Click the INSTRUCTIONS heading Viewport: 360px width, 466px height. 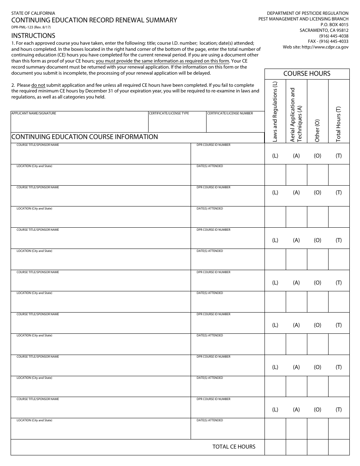33,36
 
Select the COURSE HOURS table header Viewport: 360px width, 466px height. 307,73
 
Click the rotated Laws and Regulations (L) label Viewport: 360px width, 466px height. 275,112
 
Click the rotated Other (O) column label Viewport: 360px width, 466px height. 317,130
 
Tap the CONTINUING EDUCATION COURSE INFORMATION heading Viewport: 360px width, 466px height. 85,137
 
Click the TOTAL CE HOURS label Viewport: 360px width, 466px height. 234,447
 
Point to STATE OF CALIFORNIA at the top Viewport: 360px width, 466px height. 33,13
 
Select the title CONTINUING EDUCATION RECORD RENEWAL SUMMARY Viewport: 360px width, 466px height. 94,20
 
